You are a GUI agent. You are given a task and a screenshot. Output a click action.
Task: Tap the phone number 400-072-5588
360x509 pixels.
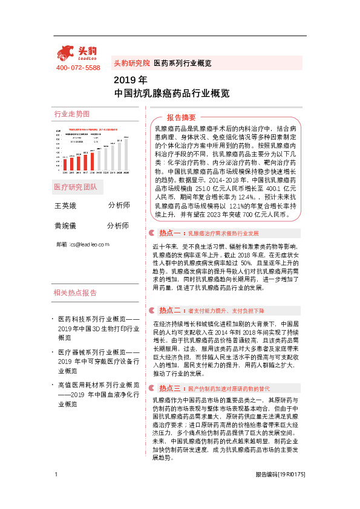78,68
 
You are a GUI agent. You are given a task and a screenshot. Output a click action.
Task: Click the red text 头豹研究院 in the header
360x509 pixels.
131,63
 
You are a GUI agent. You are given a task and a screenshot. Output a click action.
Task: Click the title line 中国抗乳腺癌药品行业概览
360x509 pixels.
172,94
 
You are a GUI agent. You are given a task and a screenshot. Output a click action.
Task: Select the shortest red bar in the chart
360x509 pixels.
65,164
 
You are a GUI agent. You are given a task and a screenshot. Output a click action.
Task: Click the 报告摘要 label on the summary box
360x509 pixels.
182,117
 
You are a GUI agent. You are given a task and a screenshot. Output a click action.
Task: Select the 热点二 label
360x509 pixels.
170,310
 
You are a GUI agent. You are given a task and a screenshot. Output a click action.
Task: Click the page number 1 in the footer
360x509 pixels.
56,491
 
